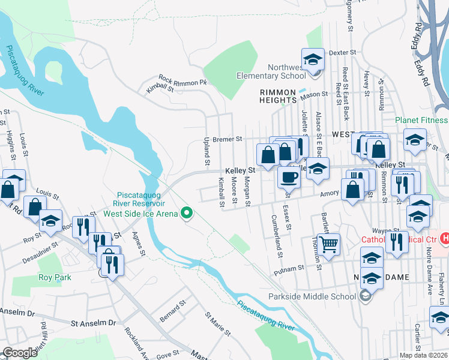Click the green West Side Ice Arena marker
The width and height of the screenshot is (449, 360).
pyautogui.click(x=187, y=212)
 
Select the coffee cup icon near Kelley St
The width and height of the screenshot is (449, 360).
pyautogui.click(x=289, y=177)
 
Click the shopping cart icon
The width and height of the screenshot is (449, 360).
pyautogui.click(x=328, y=244)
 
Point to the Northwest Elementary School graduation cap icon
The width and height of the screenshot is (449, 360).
pyautogui.click(x=313, y=59)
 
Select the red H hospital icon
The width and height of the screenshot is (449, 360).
pyautogui.click(x=444, y=238)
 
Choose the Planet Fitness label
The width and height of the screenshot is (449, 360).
pyautogui.click(x=421, y=120)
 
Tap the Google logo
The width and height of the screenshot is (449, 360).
pyautogui.click(x=20, y=353)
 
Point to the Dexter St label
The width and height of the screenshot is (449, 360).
pyautogui.click(x=343, y=53)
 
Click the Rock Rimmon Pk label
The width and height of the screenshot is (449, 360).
pyautogui.click(x=182, y=80)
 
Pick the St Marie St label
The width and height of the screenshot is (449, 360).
pyautogui.click(x=218, y=323)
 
